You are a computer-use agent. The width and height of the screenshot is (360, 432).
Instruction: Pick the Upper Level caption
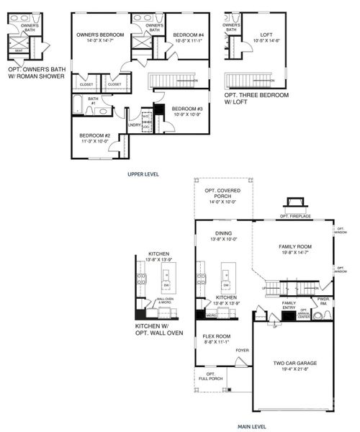coord(144,174)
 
